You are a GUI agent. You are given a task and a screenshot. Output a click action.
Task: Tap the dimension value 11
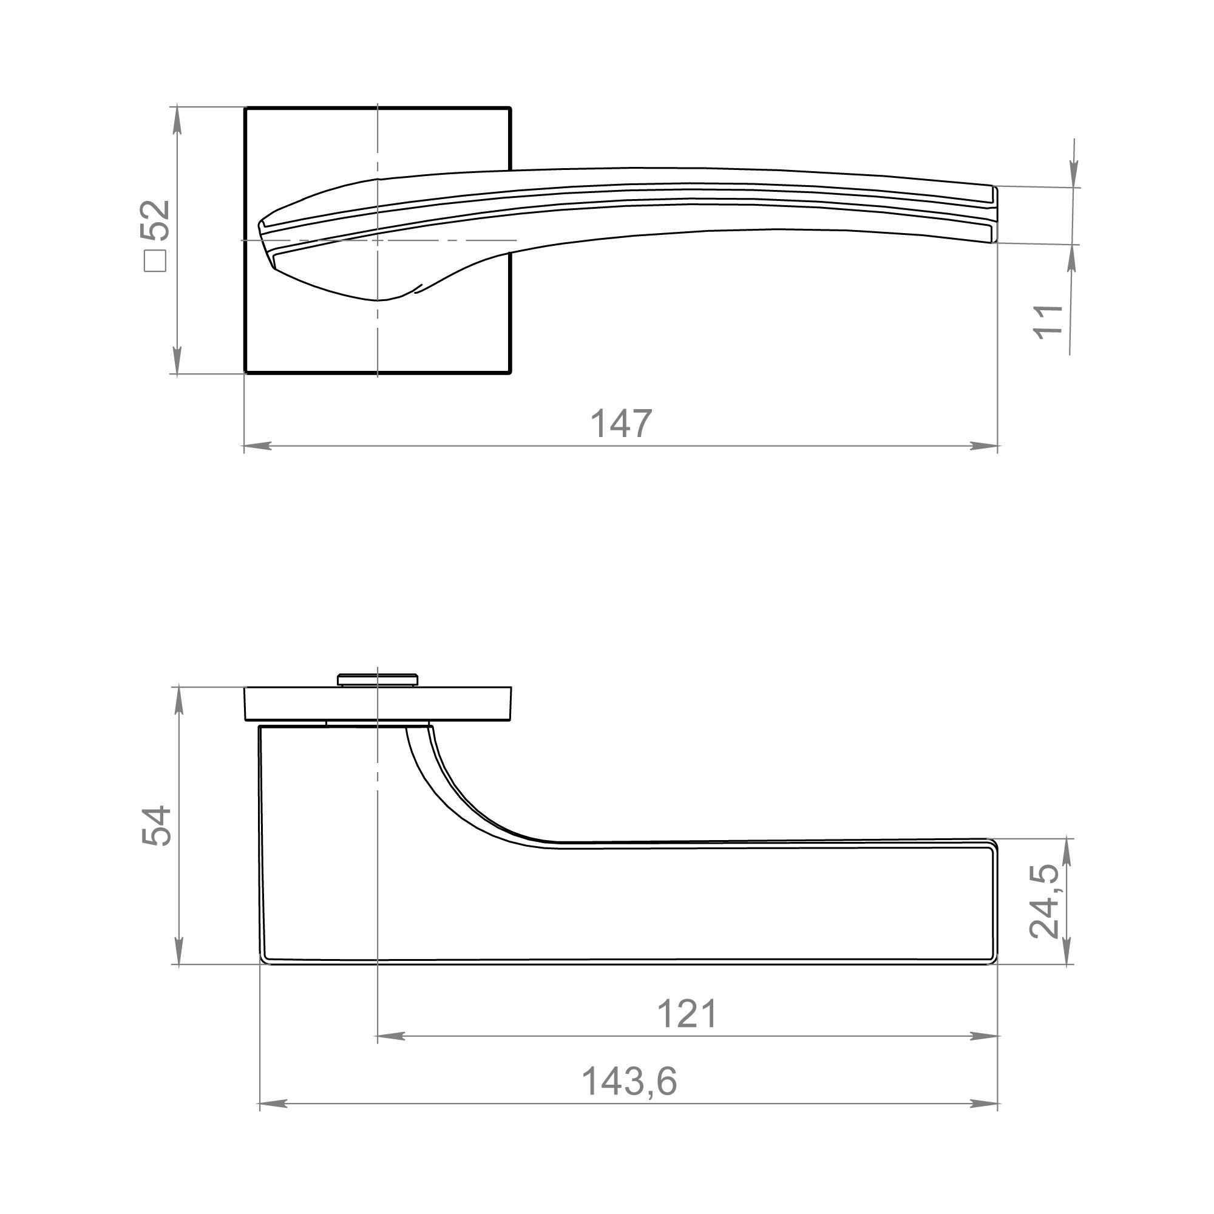pos(1049,322)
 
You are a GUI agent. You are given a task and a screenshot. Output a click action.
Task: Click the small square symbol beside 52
pos(155,261)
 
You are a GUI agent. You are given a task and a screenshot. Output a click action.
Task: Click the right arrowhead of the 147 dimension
pos(984,446)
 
